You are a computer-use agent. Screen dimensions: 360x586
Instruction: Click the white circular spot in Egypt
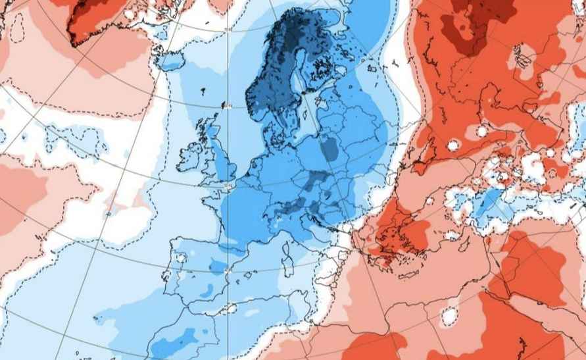coord(449,317)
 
